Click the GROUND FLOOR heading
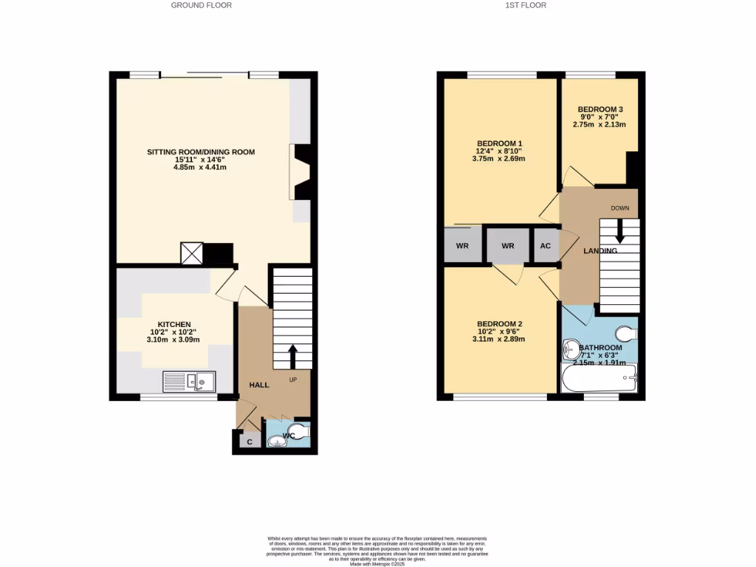pos(201,5)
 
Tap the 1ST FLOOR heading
pos(526,5)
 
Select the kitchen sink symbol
pos(190,381)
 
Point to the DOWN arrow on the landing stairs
pos(619,231)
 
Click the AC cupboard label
pos(546,246)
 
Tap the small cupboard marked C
pos(250,442)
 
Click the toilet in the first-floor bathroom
pos(626,334)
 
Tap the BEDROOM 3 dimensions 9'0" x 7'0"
pos(599,117)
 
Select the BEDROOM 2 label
pos(499,324)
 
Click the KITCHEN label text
pos(173,324)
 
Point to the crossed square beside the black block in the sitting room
pos(191,253)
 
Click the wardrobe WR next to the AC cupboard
pos(507,246)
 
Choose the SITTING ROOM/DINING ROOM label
pos(201,152)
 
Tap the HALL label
pos(258,385)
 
